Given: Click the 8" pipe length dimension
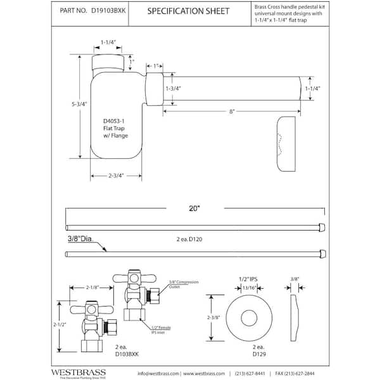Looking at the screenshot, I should click(233, 111).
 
